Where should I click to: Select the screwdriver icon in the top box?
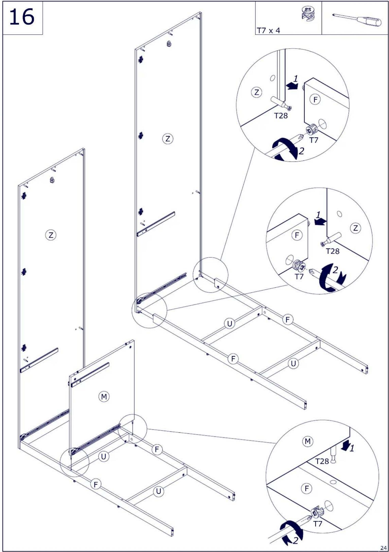coord(357,19)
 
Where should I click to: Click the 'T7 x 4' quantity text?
coord(268,31)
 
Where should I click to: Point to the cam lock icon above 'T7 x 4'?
coord(308,14)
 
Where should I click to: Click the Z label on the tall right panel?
coord(168,139)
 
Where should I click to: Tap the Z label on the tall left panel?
coord(51,235)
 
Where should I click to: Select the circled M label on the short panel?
coord(104,397)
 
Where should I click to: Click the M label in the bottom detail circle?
coord(307,441)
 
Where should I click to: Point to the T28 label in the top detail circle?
coord(281,116)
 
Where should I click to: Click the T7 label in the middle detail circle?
coord(299,277)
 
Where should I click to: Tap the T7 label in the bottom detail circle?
coord(317,524)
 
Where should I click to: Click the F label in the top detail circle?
coord(315,99)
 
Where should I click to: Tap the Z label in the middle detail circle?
coord(355,228)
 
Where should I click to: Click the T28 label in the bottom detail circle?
coord(322,461)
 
